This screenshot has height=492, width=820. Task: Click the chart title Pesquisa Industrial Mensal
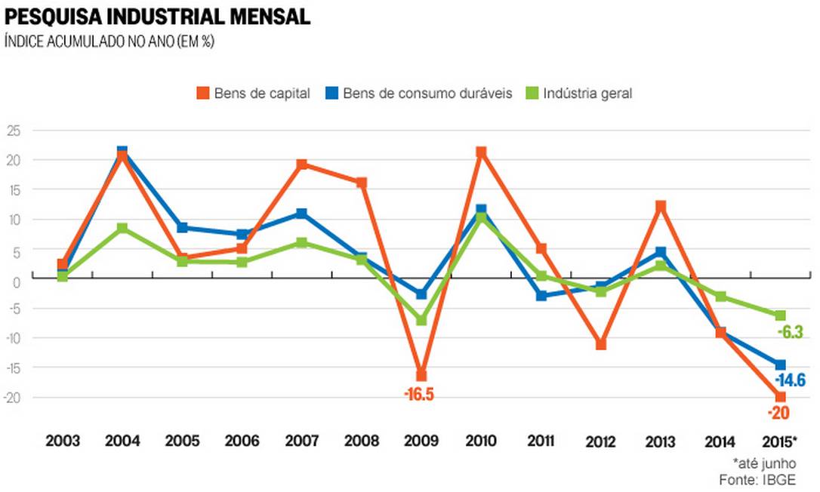click(x=158, y=17)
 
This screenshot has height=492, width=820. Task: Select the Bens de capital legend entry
click(x=253, y=94)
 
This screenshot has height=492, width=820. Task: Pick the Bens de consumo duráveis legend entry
click(x=419, y=94)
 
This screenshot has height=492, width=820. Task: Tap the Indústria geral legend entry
click(x=578, y=94)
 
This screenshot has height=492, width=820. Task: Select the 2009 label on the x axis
click(x=421, y=441)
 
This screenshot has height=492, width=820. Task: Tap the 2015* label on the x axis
click(x=778, y=441)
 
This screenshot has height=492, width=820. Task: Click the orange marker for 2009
click(x=421, y=376)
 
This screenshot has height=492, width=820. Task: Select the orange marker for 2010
click(x=481, y=152)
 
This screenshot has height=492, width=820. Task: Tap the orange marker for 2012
click(x=601, y=345)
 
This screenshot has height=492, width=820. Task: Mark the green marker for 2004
click(x=122, y=228)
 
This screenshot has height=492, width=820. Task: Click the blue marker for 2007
click(x=302, y=214)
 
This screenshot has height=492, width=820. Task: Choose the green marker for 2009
click(x=421, y=320)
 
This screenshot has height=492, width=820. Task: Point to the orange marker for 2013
click(x=661, y=206)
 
